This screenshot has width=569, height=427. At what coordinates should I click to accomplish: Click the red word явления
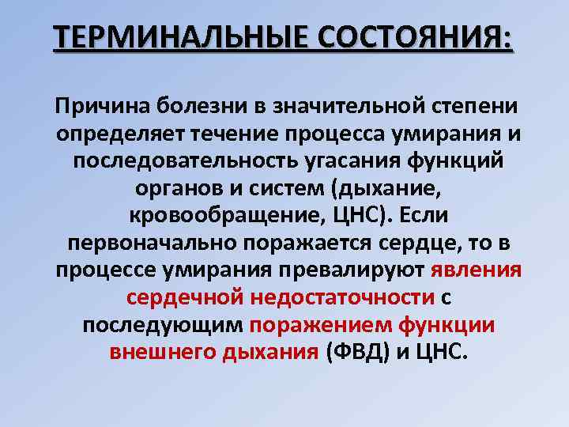point(477,270)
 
